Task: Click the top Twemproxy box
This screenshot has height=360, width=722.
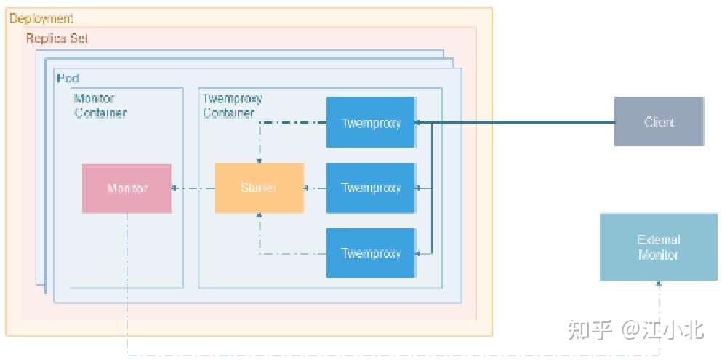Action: (x=371, y=122)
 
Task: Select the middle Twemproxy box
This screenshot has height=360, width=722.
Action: (x=371, y=188)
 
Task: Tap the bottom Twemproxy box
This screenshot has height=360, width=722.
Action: (x=371, y=253)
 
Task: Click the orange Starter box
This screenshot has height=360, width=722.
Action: (x=259, y=188)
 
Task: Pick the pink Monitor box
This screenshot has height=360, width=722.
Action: (x=127, y=188)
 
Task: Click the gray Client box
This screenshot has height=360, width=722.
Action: (x=659, y=121)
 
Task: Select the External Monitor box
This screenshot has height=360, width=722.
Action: (x=658, y=247)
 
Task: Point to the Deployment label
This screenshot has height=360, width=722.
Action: (x=41, y=18)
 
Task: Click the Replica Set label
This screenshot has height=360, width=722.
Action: (x=57, y=38)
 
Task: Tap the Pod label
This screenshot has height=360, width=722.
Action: (x=67, y=78)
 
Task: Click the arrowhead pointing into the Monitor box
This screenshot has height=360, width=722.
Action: (x=175, y=188)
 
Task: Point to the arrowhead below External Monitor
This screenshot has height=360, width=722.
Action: (x=659, y=284)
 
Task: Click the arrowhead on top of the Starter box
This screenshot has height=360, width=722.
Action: (x=260, y=159)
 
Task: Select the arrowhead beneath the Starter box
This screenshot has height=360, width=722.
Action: (x=260, y=216)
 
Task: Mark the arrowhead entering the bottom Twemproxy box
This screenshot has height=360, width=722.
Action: (x=419, y=253)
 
